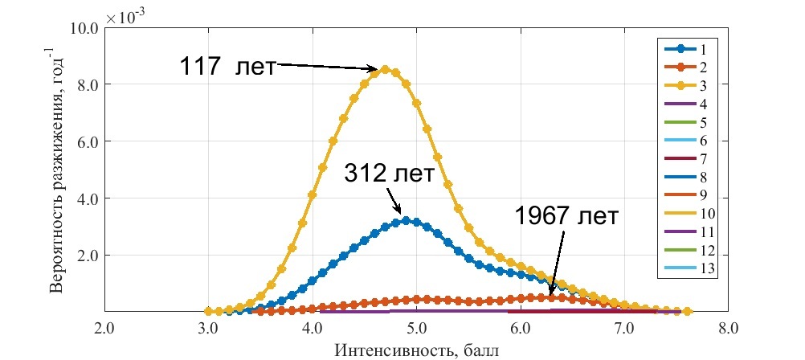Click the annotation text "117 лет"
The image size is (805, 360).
227,66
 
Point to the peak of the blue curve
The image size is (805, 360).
406,220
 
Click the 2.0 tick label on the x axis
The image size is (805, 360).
104,329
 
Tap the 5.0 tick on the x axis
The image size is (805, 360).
416,329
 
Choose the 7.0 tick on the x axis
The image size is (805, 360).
624,329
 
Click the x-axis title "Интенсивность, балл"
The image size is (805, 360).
415,350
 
